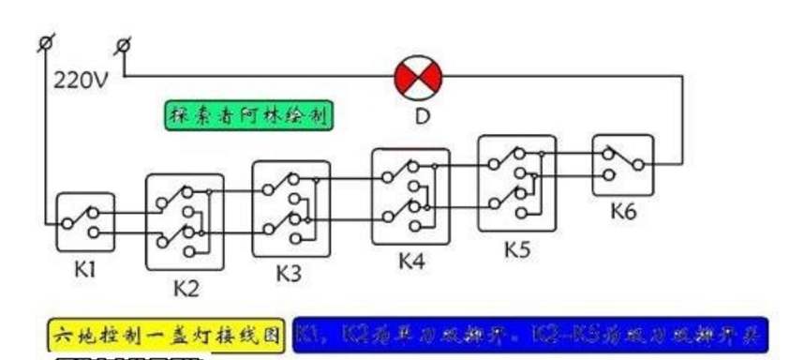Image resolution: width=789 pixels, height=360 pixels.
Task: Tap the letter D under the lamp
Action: pyautogui.click(x=419, y=117)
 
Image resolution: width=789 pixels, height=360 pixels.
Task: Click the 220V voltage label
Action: pyautogui.click(x=82, y=81)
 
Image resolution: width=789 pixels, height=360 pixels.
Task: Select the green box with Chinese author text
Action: pyautogui.click(x=247, y=116)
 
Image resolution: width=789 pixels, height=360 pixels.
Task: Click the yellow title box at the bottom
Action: pyautogui.click(x=165, y=333)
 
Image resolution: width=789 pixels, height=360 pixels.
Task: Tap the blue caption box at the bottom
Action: pyautogui.click(x=529, y=333)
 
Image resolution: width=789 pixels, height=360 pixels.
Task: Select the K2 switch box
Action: pyautogui.click(x=186, y=220)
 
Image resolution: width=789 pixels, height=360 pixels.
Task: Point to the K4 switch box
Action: pyautogui.click(x=410, y=196)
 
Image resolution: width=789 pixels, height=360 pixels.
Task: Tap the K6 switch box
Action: pyautogui.click(x=622, y=165)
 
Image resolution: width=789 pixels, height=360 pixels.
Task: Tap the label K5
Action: pyautogui.click(x=518, y=250)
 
